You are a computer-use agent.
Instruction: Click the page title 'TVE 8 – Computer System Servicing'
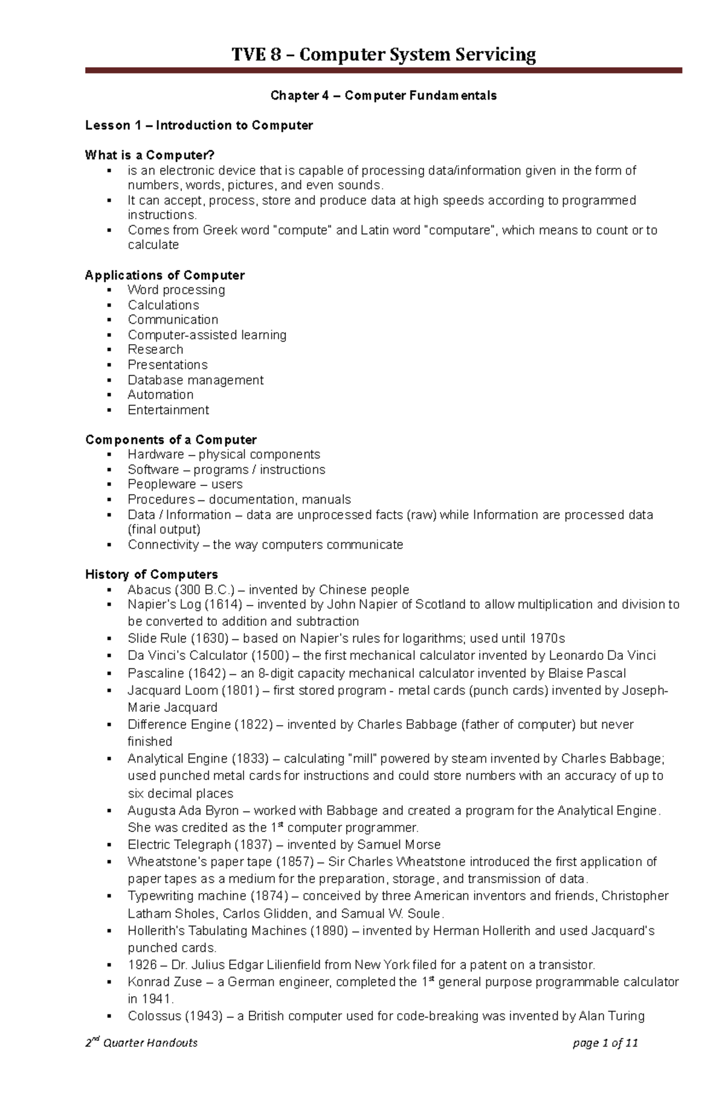click(x=384, y=55)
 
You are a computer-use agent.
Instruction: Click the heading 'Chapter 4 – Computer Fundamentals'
click(x=384, y=95)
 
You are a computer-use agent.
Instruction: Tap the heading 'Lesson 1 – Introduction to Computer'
click(x=199, y=126)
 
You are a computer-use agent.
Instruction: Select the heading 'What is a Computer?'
click(x=150, y=155)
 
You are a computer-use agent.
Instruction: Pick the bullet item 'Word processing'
click(x=176, y=290)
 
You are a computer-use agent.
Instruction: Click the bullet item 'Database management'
click(x=195, y=380)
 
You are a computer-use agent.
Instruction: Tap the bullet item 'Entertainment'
click(x=168, y=410)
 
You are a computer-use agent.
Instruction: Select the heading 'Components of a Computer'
click(x=171, y=440)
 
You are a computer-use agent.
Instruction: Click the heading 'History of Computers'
click(x=151, y=574)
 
